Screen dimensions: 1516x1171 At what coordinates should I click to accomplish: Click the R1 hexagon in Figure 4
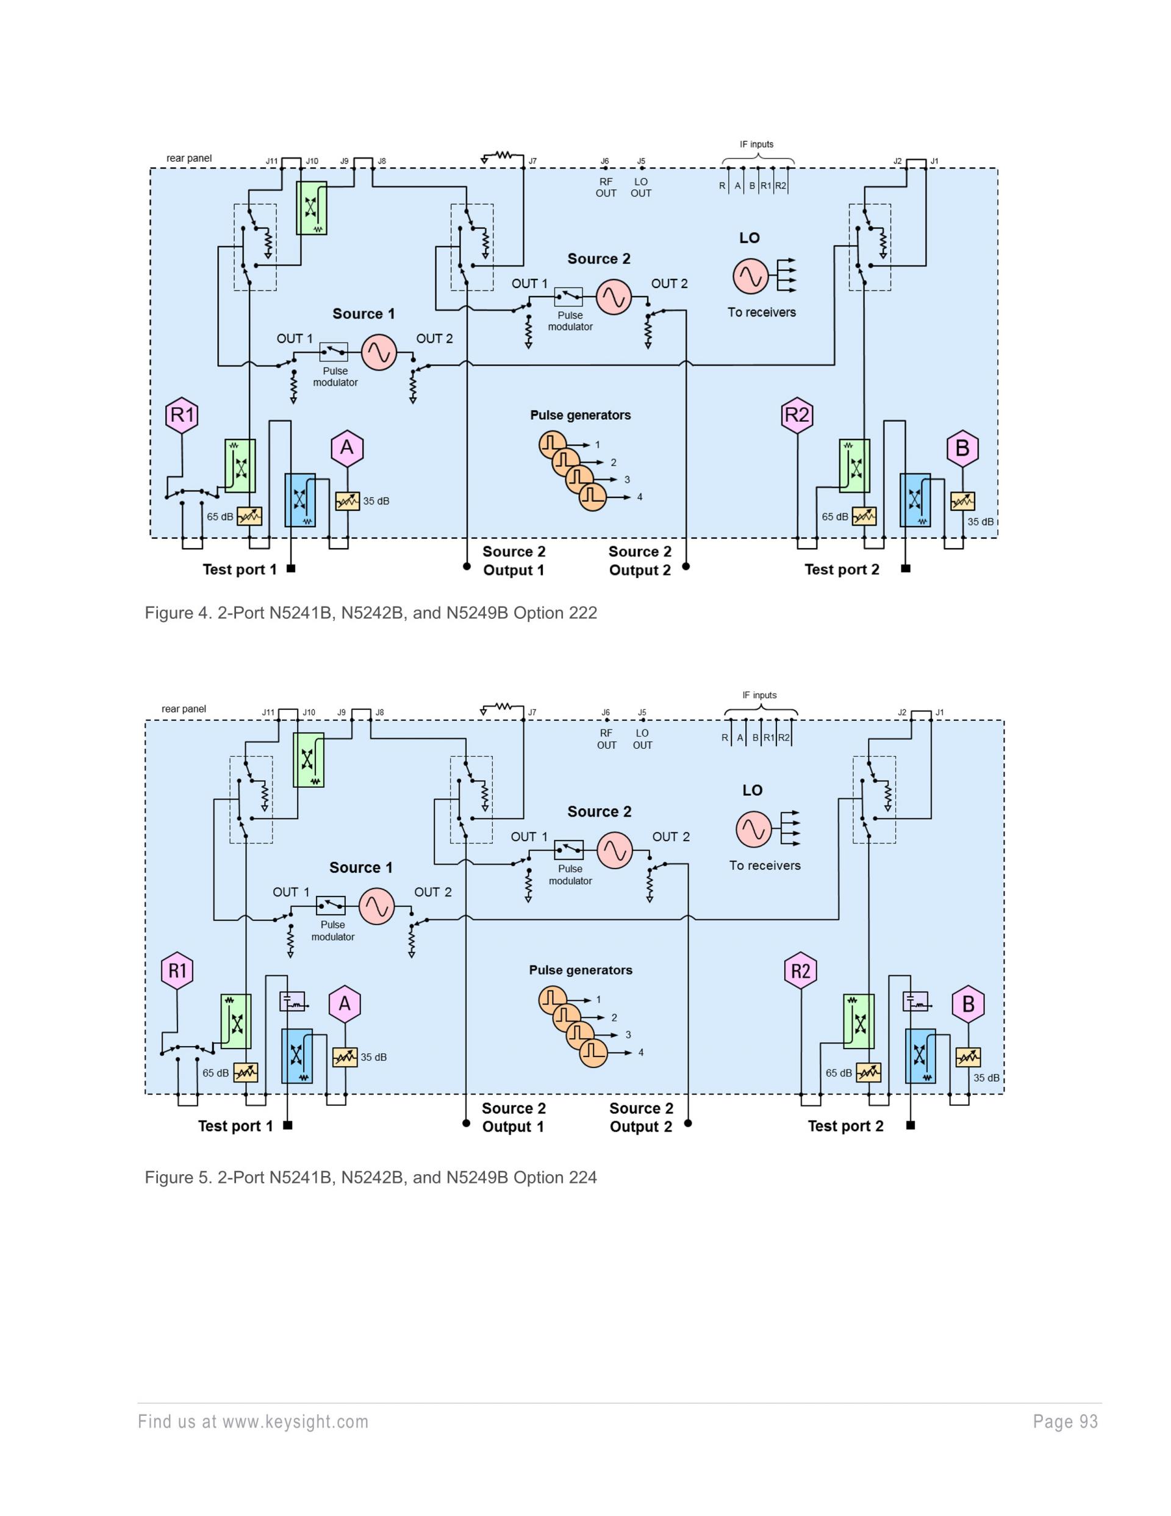click(182, 415)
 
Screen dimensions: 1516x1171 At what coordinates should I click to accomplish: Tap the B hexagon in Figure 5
click(969, 1004)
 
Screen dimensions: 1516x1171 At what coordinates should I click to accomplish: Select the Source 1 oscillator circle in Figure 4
click(379, 352)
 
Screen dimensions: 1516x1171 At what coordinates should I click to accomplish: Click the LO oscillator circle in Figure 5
click(753, 829)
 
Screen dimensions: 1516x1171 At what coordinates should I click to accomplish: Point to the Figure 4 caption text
click(370, 613)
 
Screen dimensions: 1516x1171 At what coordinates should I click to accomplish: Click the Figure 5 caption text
click(370, 1177)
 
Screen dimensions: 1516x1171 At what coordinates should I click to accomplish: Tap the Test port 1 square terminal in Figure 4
click(291, 569)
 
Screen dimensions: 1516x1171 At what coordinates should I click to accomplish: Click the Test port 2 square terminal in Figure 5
click(911, 1125)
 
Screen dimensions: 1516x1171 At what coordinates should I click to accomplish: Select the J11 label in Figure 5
click(268, 712)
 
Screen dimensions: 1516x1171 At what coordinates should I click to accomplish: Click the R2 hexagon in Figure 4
click(797, 415)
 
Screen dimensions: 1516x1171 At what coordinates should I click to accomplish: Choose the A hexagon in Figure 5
click(344, 1004)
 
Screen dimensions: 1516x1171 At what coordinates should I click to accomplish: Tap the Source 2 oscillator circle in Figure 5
click(615, 851)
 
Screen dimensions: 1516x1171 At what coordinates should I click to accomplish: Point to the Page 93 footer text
click(1065, 1421)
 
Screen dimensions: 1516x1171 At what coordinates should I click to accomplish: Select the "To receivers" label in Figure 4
click(761, 312)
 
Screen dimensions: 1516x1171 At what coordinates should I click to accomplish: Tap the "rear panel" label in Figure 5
click(184, 709)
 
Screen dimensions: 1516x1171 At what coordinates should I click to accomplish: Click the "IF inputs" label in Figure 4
click(756, 145)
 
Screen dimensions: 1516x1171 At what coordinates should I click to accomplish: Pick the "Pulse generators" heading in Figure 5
click(581, 970)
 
